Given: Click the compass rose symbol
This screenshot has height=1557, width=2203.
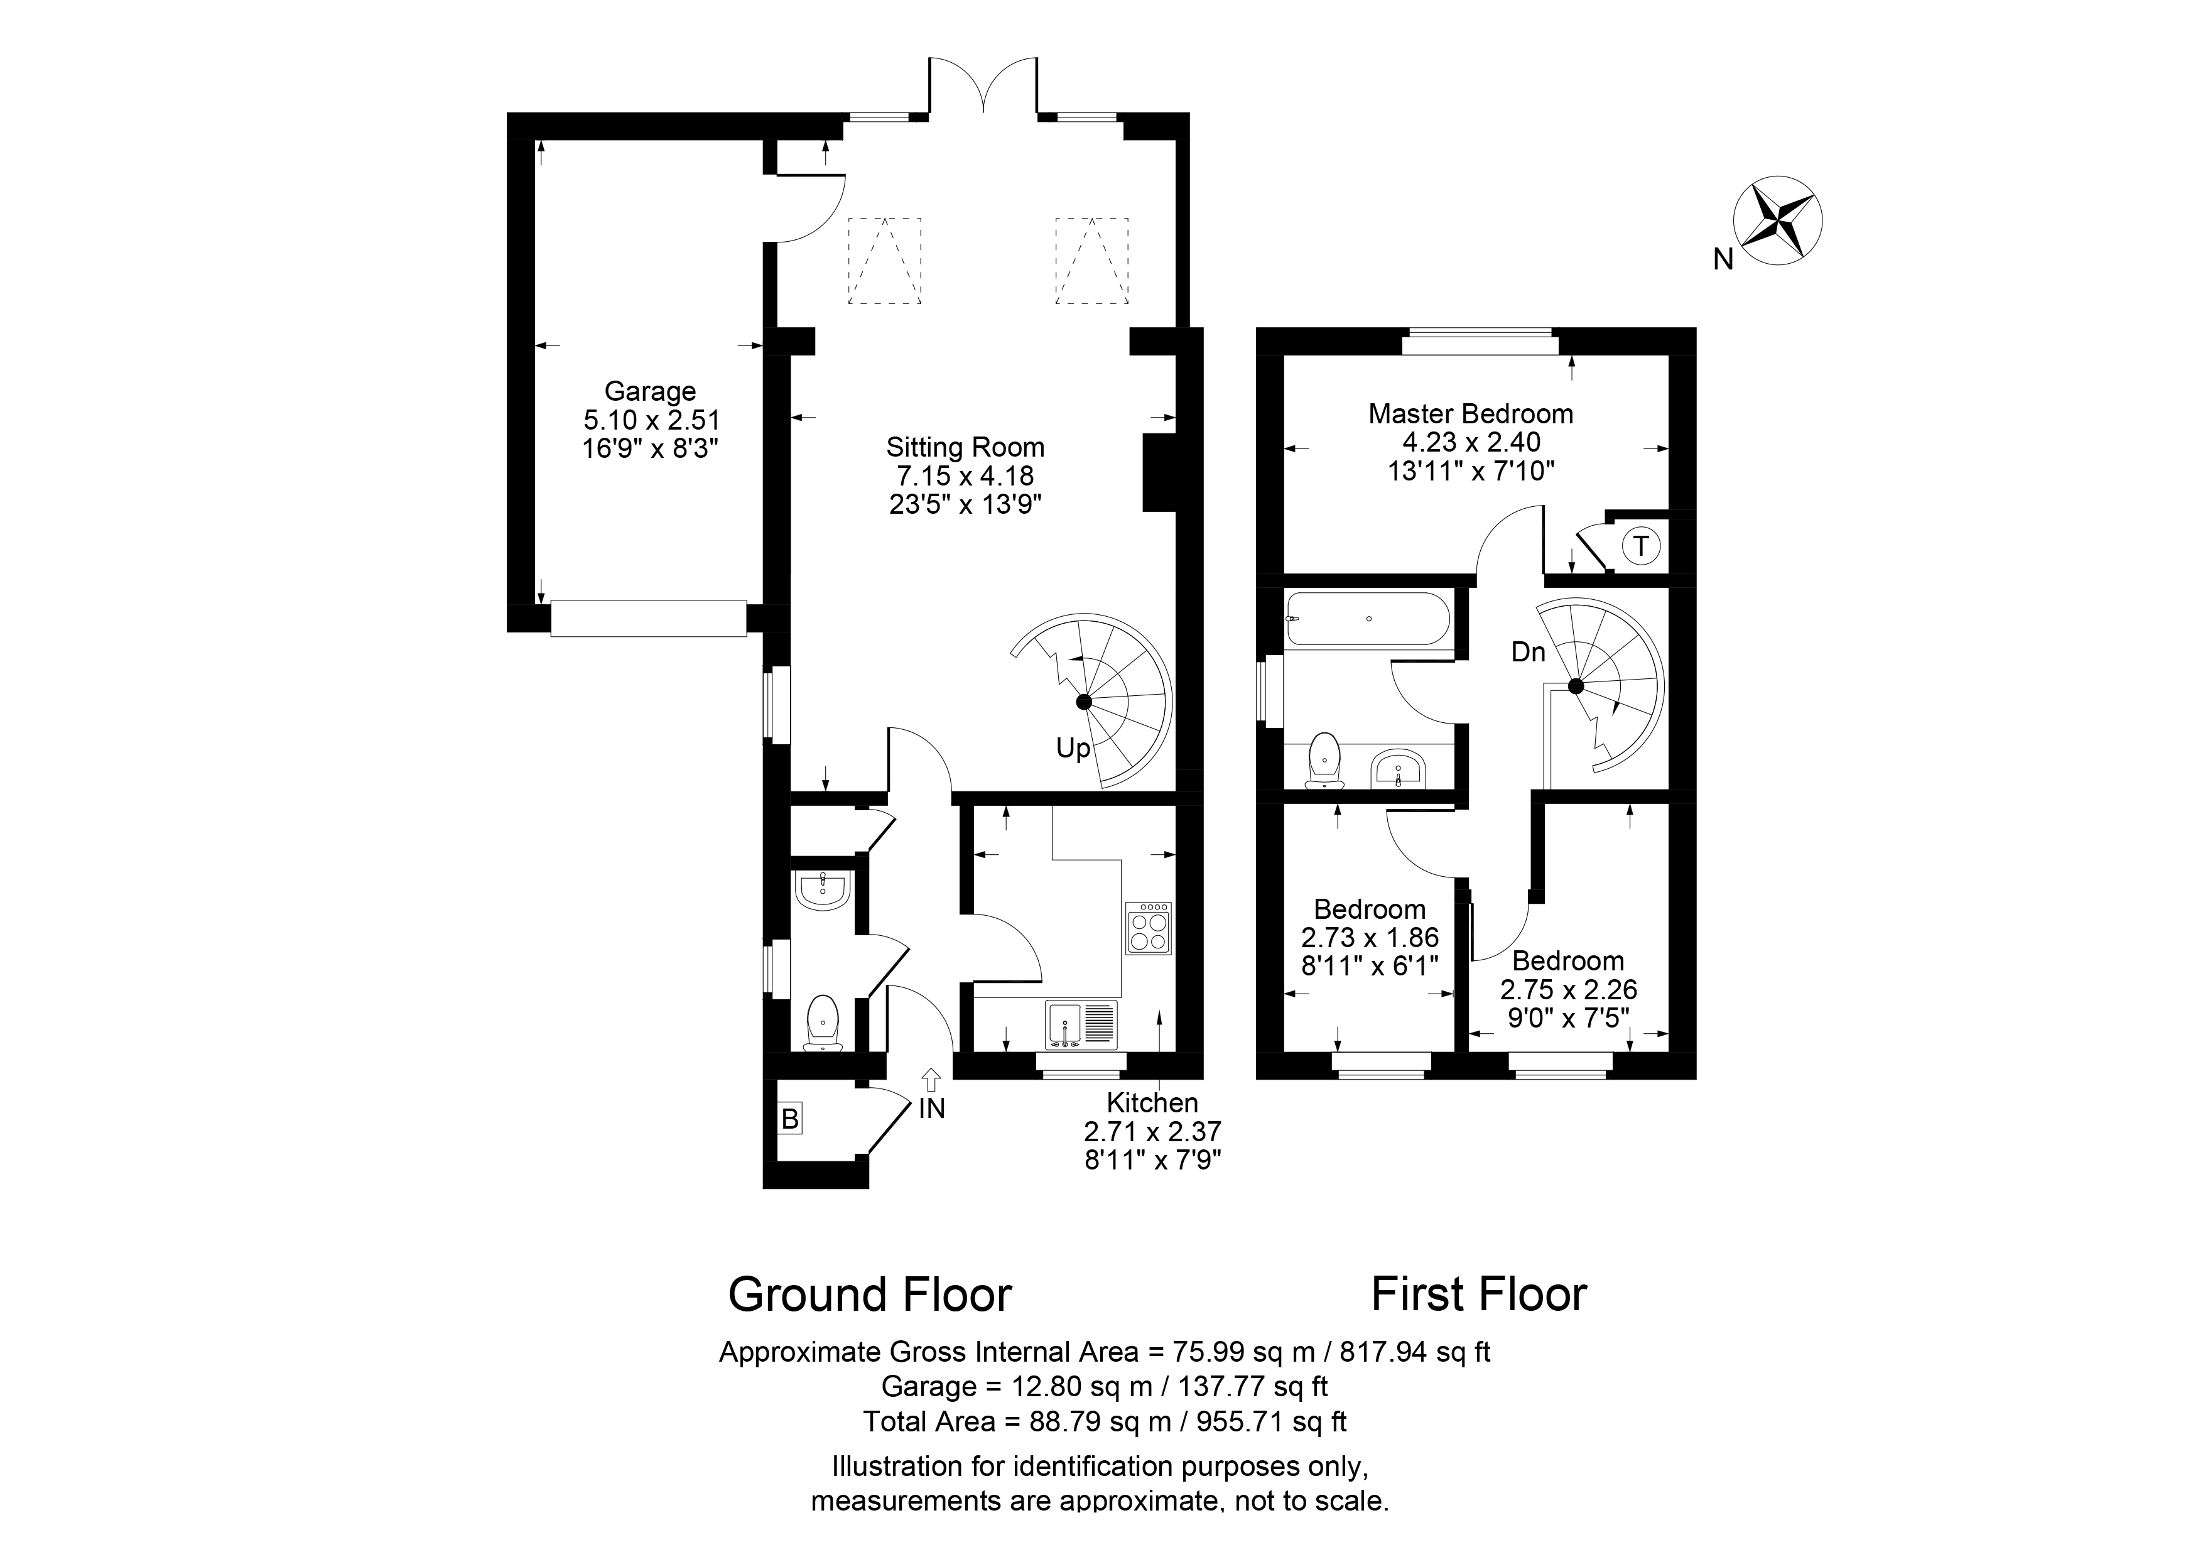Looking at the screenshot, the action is [1778, 220].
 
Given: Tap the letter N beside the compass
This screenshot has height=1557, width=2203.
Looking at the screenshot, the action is [1723, 259].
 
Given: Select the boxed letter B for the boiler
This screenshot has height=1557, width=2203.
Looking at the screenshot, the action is [789, 1119].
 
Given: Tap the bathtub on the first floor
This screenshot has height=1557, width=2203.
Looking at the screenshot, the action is [1367, 619].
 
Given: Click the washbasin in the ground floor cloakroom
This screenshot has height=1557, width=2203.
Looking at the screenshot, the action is [822, 890].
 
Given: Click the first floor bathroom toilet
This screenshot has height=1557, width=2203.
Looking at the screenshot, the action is [1324, 761].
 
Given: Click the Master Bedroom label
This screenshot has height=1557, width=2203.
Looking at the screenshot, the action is [1471, 415].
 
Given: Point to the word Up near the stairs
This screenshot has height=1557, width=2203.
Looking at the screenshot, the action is [1074, 748].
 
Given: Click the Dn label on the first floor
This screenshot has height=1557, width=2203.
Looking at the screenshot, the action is [1529, 653].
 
